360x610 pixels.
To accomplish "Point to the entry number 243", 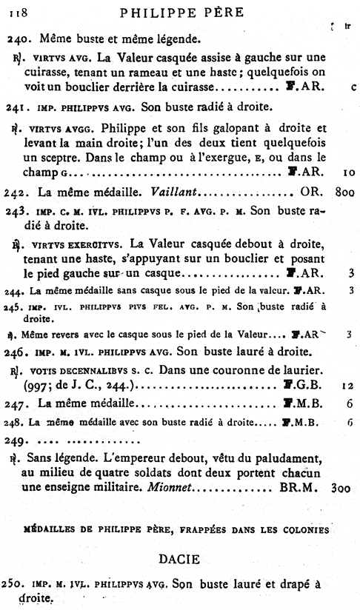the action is click(x=18, y=210).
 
